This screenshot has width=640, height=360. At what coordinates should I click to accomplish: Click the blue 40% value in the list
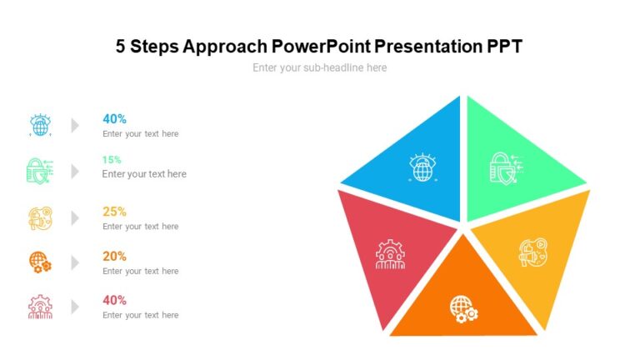114,118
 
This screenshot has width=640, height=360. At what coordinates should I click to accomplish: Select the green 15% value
112,159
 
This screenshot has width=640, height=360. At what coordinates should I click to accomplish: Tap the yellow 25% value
114,212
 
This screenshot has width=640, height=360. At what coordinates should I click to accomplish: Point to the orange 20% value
114,257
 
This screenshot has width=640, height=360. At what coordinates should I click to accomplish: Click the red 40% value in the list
114,300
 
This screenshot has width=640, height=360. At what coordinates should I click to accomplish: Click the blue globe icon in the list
40,125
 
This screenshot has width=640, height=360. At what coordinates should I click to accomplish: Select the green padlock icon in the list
39,170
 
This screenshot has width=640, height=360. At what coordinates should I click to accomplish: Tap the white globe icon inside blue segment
423,167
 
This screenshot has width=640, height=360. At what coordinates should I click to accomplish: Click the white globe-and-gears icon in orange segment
463,308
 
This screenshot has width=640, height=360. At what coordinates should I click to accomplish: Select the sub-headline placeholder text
319,67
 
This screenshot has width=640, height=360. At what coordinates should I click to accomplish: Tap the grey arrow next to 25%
75,217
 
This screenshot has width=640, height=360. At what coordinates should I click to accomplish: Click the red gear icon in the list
40,307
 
